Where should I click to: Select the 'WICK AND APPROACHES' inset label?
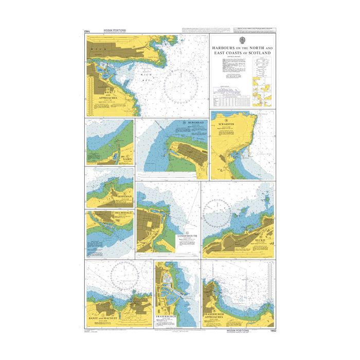(x=107, y=95)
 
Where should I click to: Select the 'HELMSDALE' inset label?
(x=116, y=213)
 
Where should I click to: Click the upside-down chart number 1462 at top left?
(x=88, y=31)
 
